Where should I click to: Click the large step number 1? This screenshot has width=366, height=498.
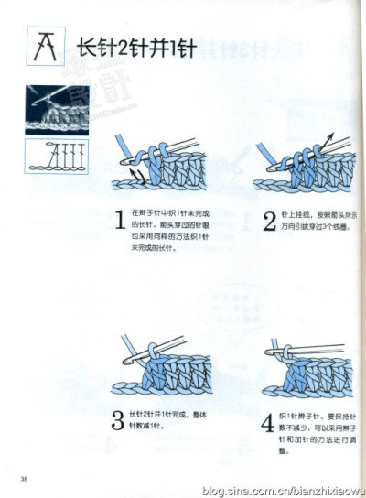coord(119,221)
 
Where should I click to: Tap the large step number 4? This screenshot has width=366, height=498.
coord(266,422)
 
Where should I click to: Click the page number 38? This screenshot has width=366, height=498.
coord(25,478)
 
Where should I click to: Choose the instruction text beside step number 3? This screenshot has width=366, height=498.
coord(170,420)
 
